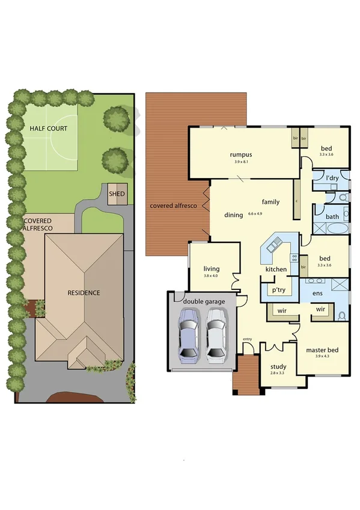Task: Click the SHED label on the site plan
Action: pos(117,194)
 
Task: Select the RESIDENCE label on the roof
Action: pos(84,293)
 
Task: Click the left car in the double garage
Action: pos(189,336)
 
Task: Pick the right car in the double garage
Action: pos(216,336)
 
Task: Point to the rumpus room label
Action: pos(240,154)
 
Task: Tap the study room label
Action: pos(278,367)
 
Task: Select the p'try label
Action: pos(277,289)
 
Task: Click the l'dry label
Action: pos(332,179)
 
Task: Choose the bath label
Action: pos(332,217)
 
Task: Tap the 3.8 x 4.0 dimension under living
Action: pos(211,276)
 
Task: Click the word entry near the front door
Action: pos(247,339)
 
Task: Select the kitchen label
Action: pos(276,269)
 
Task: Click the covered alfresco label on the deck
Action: pos(174,206)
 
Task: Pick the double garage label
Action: pos(204,301)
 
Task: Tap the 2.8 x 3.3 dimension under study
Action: pos(278,374)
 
